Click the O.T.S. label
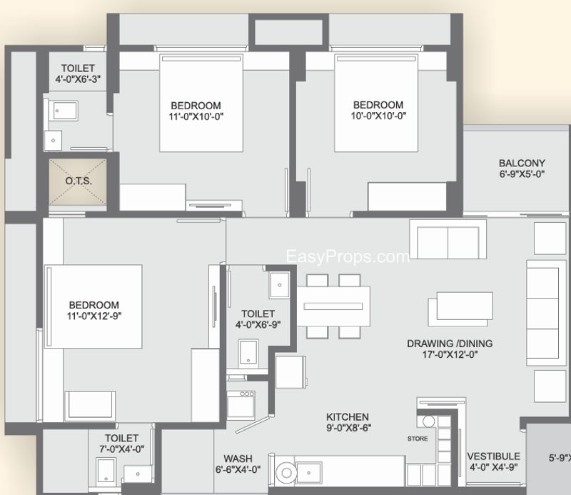point(79,181)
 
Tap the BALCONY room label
point(522,163)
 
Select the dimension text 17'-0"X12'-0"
point(450,354)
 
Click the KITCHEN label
point(348,416)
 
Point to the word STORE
point(418,439)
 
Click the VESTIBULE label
point(493,456)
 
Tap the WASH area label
point(238,458)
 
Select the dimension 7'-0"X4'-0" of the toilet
point(121,449)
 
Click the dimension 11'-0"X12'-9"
point(94,316)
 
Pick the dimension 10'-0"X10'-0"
point(378,116)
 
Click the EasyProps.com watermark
point(348,256)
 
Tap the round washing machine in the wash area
point(286,473)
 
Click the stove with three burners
point(241,404)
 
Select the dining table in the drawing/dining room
point(333,306)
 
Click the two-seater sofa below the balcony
point(448,239)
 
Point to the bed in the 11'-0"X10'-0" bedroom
point(201,103)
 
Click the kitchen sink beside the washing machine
point(309,473)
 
